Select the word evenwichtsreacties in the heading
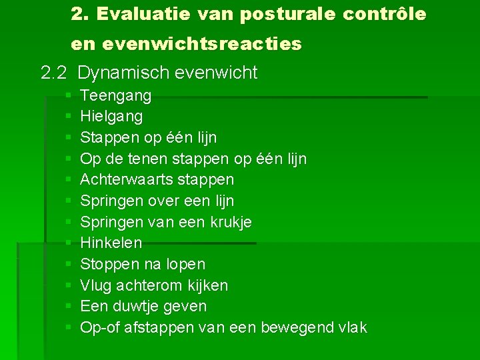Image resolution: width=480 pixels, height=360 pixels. [211, 44]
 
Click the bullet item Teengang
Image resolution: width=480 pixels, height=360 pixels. [115, 96]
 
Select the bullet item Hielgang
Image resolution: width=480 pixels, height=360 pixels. [111, 117]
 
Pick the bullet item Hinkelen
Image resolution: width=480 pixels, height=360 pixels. [111, 243]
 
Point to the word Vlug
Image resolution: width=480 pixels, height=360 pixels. [95, 285]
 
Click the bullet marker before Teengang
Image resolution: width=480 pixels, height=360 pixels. [69, 97]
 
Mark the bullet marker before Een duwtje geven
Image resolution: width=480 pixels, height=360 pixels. [69, 307]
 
